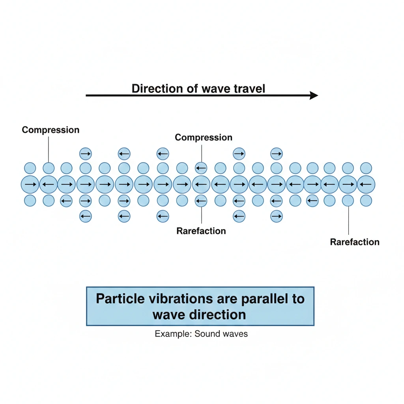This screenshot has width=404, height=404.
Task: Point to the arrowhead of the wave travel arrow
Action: point(314,95)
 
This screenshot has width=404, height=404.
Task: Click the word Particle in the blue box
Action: point(122,298)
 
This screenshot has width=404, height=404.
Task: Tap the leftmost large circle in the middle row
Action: point(30,184)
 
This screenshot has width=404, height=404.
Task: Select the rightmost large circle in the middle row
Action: point(366,184)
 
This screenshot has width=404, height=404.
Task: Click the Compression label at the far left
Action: point(50,130)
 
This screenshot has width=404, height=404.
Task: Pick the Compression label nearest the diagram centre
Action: point(204,137)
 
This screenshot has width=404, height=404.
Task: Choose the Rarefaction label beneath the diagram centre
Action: point(201,231)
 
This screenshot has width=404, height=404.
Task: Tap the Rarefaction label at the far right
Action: point(355,242)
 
